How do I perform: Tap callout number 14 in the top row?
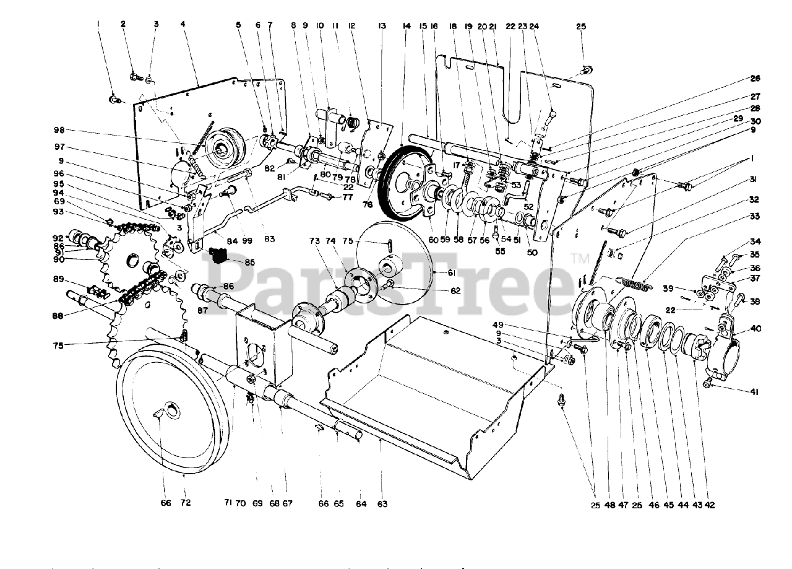click(406, 26)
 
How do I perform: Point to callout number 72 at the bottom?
click(185, 503)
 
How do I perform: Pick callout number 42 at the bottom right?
click(709, 505)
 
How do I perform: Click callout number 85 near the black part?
click(249, 262)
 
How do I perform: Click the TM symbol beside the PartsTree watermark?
click(580, 257)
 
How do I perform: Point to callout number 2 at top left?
click(123, 24)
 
